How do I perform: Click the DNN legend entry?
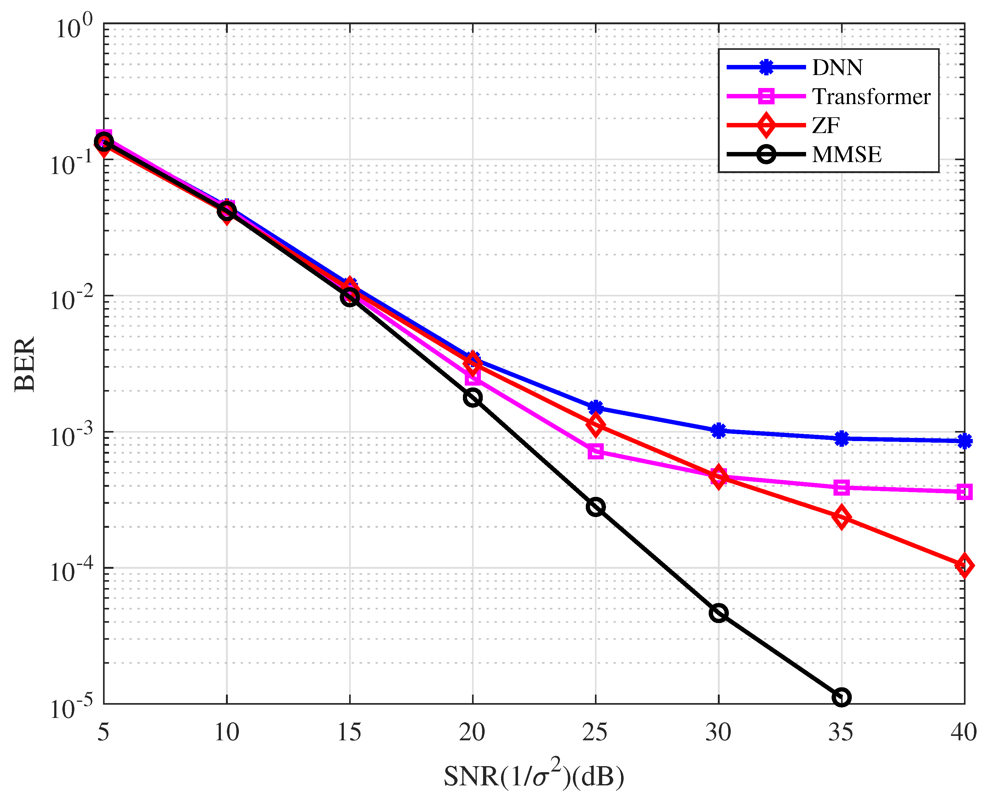[x=838, y=67]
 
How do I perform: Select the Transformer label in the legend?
[x=871, y=96]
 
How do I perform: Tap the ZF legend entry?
[x=826, y=125]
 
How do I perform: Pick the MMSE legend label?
[x=846, y=154]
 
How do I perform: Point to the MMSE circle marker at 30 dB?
[x=718, y=613]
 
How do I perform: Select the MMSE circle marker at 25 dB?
[x=596, y=507]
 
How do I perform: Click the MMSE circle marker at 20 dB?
[x=473, y=397]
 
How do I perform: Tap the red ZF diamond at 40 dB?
[x=964, y=565]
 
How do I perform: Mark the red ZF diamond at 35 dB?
[x=841, y=518]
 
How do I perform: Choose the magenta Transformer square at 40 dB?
[x=964, y=492]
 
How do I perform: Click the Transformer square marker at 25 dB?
[x=596, y=452]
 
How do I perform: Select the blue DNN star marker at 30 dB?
[x=718, y=431]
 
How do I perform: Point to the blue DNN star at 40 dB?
[x=964, y=441]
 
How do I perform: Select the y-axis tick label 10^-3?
[x=69, y=435]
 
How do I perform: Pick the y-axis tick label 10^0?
[x=73, y=27]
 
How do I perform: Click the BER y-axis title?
[x=25, y=364]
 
